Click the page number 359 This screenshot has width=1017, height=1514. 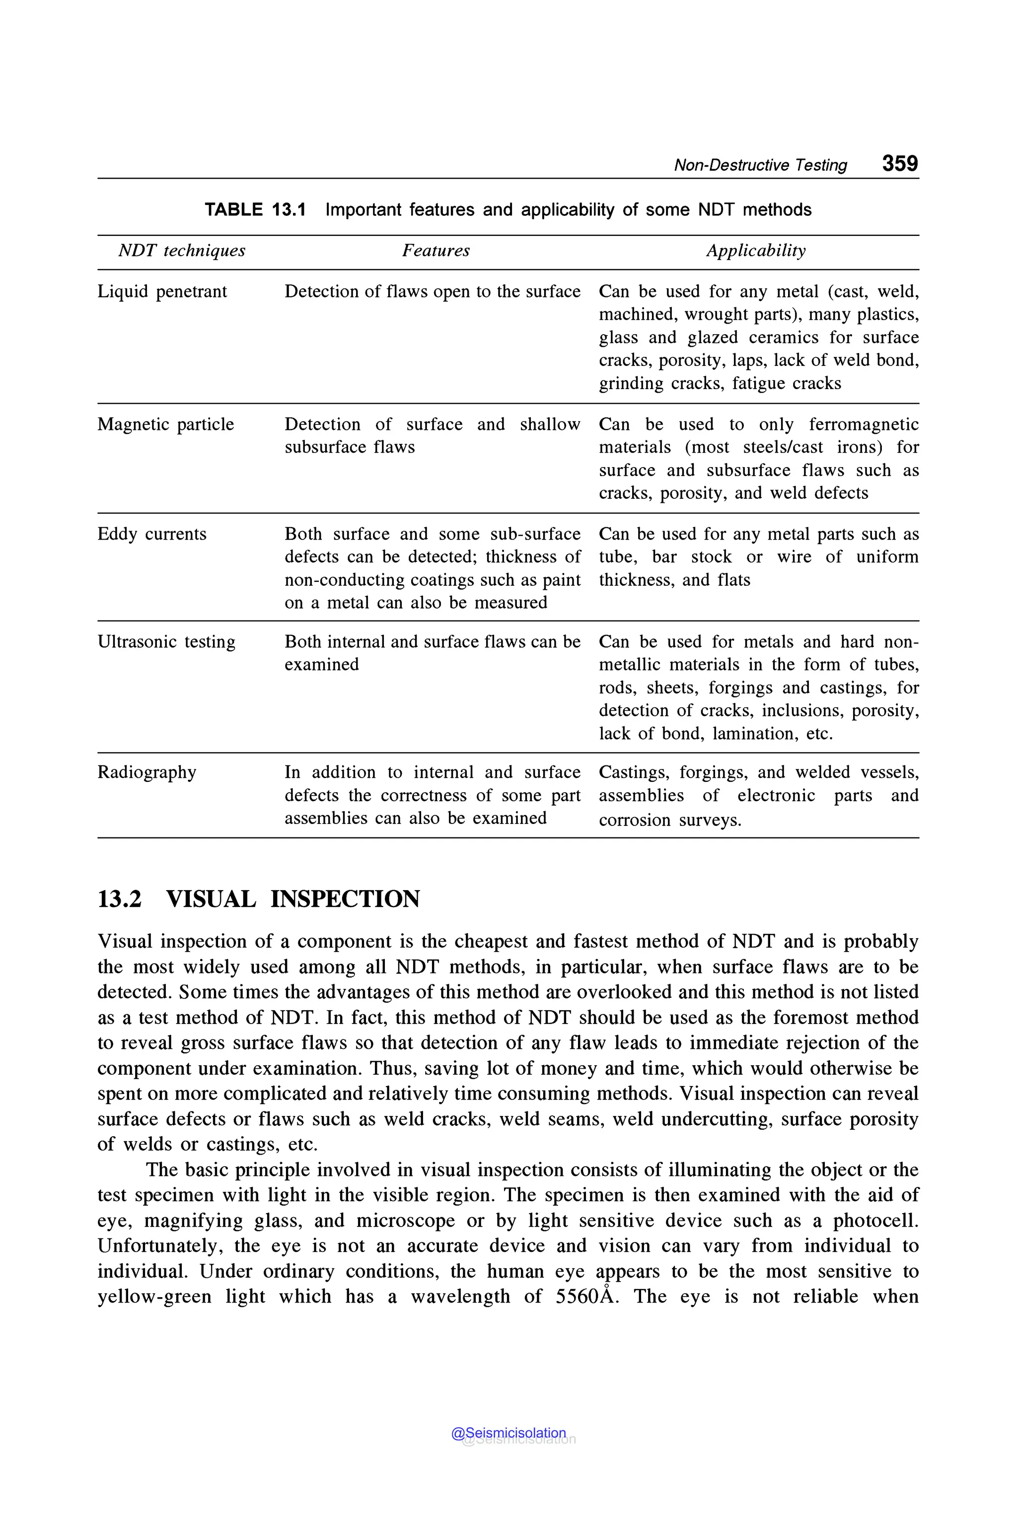point(900,163)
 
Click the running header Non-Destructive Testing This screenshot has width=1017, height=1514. point(760,165)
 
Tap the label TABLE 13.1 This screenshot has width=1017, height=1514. point(255,210)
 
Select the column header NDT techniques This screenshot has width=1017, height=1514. point(182,251)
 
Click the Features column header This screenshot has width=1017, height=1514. point(436,251)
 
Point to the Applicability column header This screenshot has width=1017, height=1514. point(756,251)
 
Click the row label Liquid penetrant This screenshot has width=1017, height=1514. point(162,292)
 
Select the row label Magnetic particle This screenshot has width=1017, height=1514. point(165,425)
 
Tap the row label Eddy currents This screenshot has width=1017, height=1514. point(152,534)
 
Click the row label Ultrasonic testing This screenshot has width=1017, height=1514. point(166,642)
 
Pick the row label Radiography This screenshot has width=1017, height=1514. point(146,772)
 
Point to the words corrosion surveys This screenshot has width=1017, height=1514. point(669,820)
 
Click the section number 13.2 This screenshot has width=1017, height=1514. point(119,899)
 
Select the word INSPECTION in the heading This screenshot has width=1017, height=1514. point(345,899)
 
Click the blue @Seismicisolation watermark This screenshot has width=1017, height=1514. point(508,1433)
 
